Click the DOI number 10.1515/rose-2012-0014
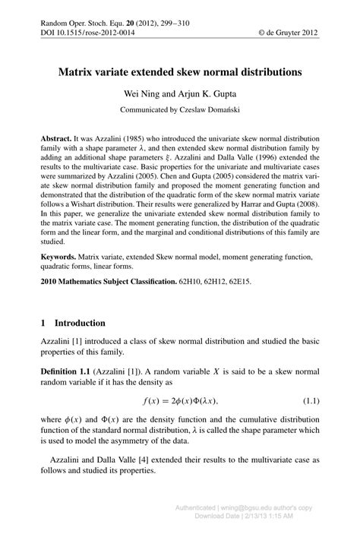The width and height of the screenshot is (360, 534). (x=92, y=33)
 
